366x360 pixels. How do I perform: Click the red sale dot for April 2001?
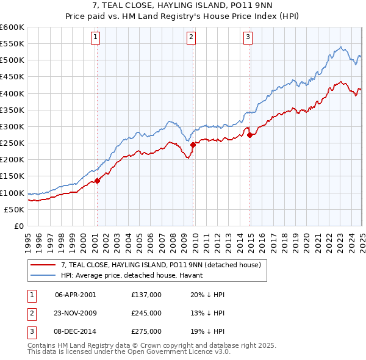[x=97, y=181]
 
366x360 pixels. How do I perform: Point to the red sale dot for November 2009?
[x=193, y=145]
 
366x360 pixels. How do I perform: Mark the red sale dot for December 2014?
[x=250, y=135]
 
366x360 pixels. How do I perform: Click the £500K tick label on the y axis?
[x=12, y=60]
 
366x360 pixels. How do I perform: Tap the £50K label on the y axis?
[x=15, y=209]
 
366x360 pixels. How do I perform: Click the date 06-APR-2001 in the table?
[x=75, y=294]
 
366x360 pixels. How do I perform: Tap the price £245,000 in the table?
[x=146, y=313]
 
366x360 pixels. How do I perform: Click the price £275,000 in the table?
[x=146, y=332]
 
